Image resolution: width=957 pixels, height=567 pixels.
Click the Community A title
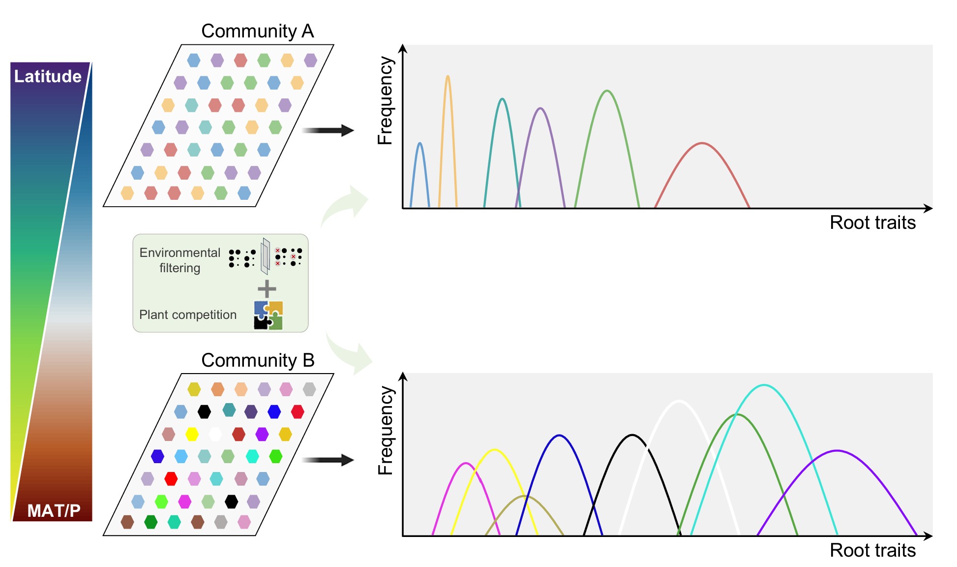[257, 31]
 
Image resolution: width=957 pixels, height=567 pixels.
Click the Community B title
[257, 360]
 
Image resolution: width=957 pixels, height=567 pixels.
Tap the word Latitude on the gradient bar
[48, 76]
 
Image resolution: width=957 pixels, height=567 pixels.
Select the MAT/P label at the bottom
[54, 510]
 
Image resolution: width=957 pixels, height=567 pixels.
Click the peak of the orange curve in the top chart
[448, 76]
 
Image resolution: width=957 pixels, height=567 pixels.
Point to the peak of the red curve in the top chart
[702, 143]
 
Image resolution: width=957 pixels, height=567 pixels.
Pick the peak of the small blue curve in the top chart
[419, 143]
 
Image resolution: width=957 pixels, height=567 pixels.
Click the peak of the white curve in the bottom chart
[679, 401]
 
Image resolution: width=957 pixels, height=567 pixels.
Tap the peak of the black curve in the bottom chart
[632, 435]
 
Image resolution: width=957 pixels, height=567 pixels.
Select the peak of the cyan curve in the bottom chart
[764, 385]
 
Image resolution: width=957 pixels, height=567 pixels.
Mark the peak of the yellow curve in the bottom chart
[495, 449]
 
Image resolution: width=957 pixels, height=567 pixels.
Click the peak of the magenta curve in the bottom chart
[466, 463]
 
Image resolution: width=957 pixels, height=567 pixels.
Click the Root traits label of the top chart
[872, 222]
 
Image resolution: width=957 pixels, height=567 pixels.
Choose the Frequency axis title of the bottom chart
[386, 431]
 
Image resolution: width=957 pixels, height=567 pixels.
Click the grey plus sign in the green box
[267, 289]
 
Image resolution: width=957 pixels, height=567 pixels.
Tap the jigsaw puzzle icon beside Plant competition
[268, 315]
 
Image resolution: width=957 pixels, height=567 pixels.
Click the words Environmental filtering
[179, 260]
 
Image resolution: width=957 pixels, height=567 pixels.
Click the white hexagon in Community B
[215, 434]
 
